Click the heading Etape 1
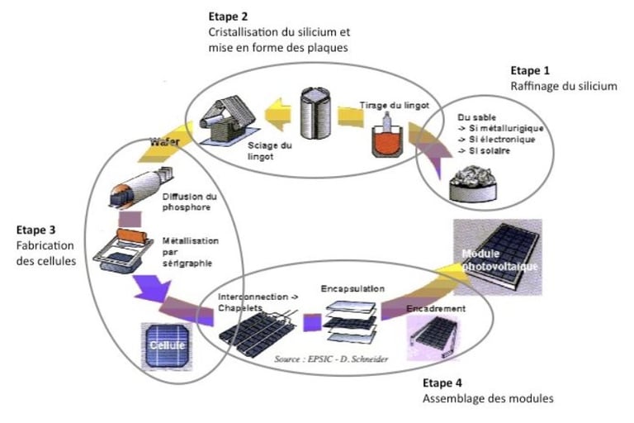point(530,71)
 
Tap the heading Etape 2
point(228,17)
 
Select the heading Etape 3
point(36,230)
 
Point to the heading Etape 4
point(442,383)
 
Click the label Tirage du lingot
point(395,105)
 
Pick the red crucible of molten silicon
point(387,140)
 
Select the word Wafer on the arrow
point(164,141)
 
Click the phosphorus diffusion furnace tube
point(140,187)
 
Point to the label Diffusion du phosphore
point(189,202)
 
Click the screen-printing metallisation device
point(122,251)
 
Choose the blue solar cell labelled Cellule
point(167,345)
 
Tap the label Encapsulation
point(352,288)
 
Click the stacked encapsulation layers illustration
point(351,322)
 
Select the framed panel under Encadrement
point(433,337)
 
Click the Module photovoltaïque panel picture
point(498,256)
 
